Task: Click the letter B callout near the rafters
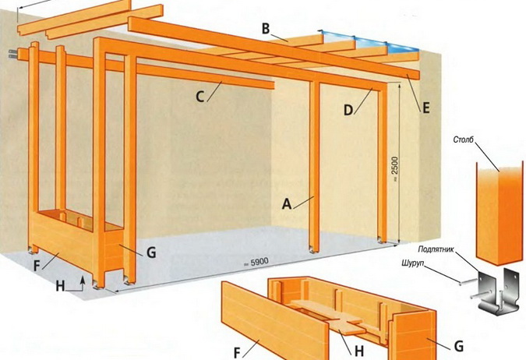tap(266, 29)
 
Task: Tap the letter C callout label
tap(200, 97)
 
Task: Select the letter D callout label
tap(348, 110)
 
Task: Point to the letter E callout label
tap(426, 108)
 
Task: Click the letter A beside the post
tap(287, 203)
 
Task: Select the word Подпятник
tap(436, 249)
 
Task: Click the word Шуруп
tap(413, 263)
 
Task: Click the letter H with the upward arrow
tap(60, 286)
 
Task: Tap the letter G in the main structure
tap(151, 252)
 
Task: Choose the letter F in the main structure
tap(37, 266)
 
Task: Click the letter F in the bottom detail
tap(237, 353)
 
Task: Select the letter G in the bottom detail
tap(458, 345)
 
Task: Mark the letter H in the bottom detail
tap(359, 351)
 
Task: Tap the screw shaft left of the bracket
tap(468, 282)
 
